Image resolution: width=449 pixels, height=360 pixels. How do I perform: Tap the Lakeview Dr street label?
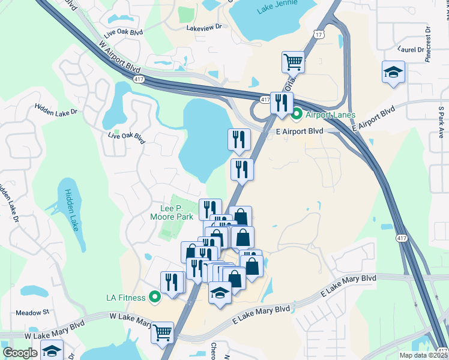204,28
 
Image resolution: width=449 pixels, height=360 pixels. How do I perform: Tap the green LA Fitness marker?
155,296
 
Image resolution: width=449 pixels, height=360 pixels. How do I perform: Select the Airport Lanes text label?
330,115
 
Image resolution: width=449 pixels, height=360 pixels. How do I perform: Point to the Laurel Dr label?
411,49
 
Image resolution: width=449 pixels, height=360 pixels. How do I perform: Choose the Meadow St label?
32,313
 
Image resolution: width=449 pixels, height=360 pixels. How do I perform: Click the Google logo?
20,353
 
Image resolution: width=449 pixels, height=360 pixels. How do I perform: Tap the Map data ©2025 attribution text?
423,355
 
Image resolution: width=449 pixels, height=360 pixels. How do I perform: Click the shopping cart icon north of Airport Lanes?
293,61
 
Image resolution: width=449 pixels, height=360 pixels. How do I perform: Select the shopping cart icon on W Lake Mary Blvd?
162,332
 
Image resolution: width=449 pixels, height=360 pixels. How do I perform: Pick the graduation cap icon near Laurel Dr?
393,73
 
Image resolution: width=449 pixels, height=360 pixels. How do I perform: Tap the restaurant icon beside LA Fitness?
172,282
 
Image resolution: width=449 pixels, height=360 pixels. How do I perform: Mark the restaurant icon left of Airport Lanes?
281,102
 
